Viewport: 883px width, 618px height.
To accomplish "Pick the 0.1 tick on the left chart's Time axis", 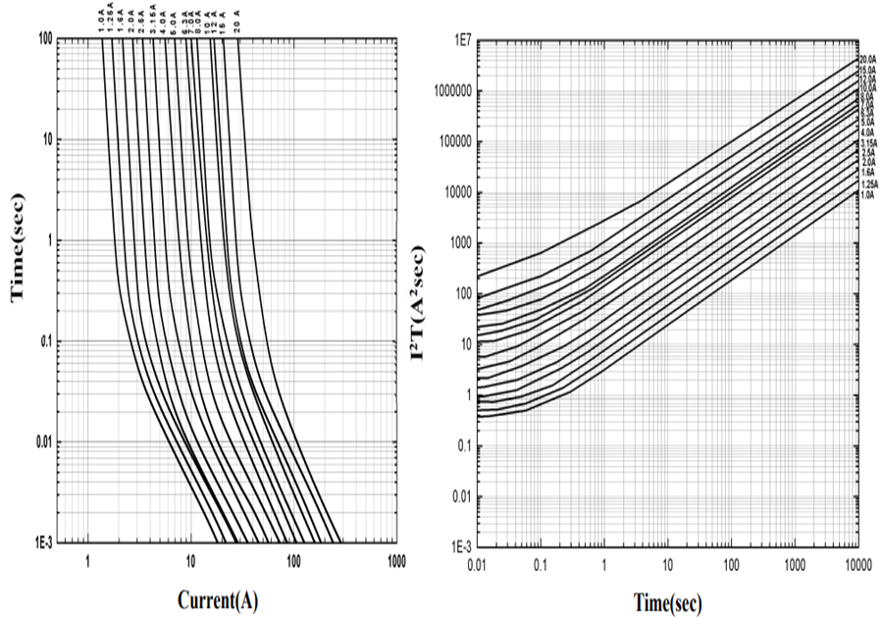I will click(x=44, y=341).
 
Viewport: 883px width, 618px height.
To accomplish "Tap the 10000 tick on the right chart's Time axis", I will click(x=857, y=562).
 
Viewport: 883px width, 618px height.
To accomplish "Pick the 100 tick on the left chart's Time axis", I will click(x=44, y=38).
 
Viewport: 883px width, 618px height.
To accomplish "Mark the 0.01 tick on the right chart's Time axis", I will click(x=478, y=562).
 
